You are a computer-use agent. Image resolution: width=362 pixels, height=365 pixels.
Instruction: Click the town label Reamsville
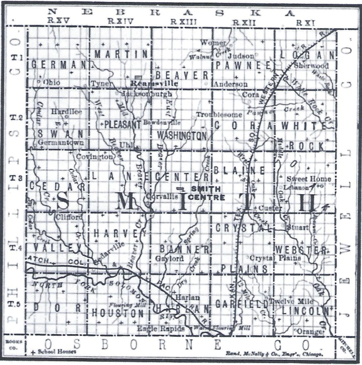(x=154, y=84)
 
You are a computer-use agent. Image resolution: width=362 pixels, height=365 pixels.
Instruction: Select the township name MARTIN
(x=122, y=54)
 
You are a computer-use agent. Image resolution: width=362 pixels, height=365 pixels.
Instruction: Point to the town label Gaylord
(x=169, y=259)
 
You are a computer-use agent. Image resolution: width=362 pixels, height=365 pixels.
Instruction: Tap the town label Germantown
(x=61, y=142)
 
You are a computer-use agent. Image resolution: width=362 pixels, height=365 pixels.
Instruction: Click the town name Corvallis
(x=162, y=196)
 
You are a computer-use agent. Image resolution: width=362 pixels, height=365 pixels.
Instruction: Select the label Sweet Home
(x=309, y=179)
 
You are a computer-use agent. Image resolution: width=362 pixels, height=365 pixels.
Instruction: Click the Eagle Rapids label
(x=161, y=329)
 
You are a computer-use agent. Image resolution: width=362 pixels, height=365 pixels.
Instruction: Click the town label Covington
(x=94, y=157)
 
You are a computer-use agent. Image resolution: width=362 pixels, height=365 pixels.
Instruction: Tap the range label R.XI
(x=306, y=22)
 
